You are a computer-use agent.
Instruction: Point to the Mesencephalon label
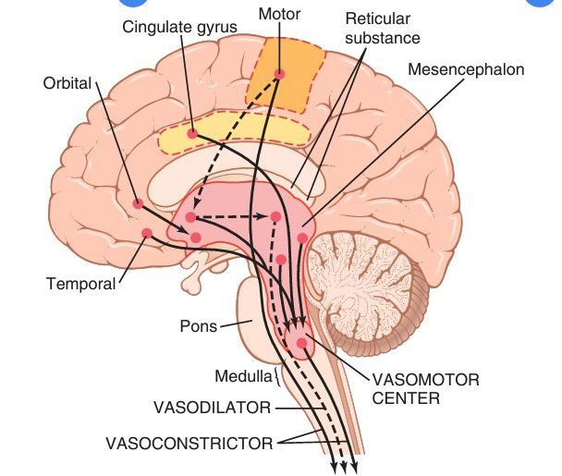click(465, 69)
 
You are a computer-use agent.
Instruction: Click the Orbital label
click(67, 84)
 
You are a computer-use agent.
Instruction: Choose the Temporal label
click(80, 284)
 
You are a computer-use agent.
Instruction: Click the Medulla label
click(242, 376)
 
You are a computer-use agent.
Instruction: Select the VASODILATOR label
click(212, 407)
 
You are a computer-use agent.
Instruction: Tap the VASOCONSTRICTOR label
click(189, 444)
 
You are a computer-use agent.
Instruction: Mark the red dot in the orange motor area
click(279, 73)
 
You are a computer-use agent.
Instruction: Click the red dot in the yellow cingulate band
click(192, 134)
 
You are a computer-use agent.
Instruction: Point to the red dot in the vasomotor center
click(301, 343)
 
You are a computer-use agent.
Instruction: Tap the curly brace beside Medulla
click(276, 377)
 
